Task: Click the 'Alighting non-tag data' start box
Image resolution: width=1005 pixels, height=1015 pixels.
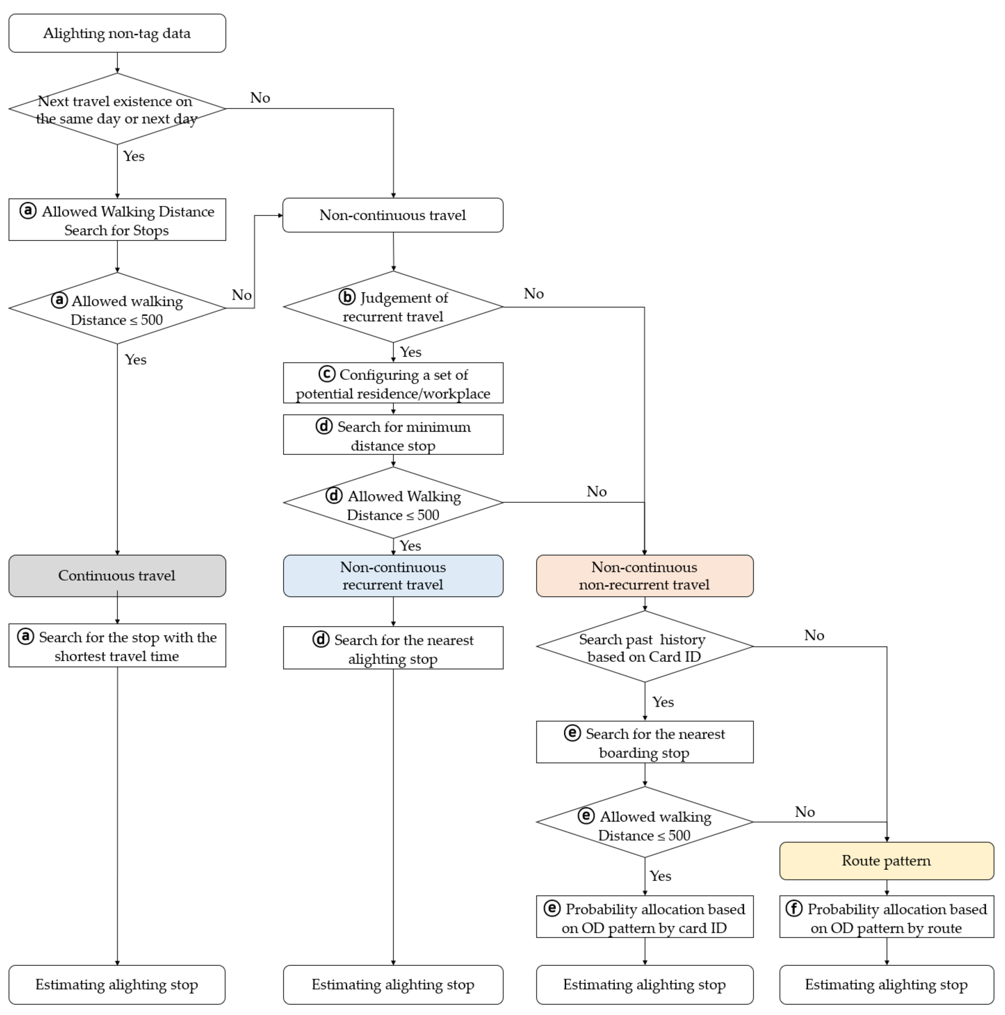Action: click(117, 33)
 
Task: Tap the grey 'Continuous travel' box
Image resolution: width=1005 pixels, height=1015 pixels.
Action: click(117, 576)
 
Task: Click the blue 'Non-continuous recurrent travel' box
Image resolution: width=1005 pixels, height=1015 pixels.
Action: click(393, 576)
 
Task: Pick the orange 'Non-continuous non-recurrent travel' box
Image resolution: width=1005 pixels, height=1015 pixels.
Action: click(644, 576)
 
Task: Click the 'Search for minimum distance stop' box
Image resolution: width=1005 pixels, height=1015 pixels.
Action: click(393, 435)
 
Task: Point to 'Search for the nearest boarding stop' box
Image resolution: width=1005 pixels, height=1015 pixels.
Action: click(644, 742)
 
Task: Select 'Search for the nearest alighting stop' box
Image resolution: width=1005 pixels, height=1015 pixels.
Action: click(393, 648)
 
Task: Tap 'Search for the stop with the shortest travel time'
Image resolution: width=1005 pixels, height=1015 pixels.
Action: click(117, 646)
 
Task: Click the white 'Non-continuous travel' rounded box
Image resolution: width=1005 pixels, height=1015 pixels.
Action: click(393, 215)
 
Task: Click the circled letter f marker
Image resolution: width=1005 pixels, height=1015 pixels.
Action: click(794, 908)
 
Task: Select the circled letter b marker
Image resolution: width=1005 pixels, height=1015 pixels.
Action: click(347, 297)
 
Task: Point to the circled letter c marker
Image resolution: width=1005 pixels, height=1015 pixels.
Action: click(327, 374)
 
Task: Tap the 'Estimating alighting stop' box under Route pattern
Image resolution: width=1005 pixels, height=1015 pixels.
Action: click(887, 985)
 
